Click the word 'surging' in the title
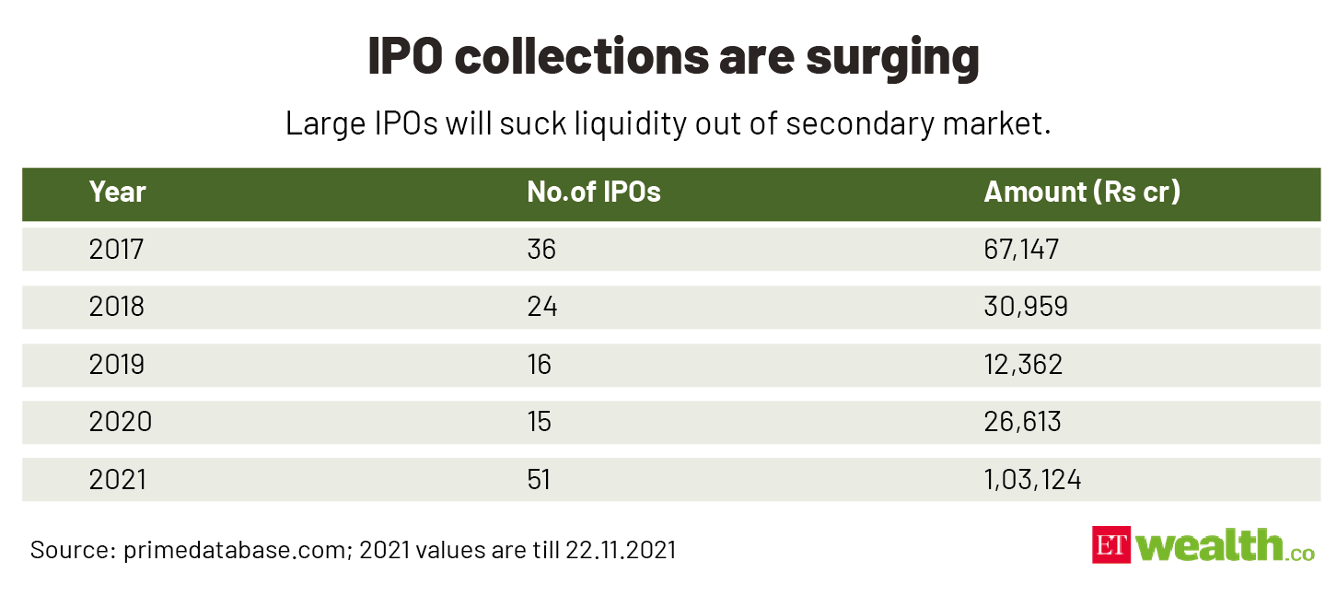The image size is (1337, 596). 892,57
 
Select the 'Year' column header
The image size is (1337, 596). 117,192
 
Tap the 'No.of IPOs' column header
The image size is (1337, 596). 593,192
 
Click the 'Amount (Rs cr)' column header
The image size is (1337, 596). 1082,192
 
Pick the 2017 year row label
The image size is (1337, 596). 117,249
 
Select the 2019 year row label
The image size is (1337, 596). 117,364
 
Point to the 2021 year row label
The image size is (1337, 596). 117,479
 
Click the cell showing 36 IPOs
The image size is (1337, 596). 541,249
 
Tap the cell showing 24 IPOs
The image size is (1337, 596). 541,307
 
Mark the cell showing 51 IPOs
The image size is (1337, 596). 539,479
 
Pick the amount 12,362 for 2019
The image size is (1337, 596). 1023,364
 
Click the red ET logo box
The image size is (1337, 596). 1111,545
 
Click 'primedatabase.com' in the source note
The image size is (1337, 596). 230,551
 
